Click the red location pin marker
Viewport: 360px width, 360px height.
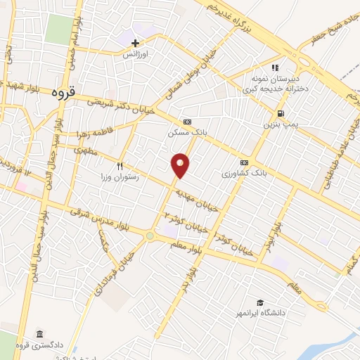pos(181,165)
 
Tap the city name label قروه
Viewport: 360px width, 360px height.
pos(67,92)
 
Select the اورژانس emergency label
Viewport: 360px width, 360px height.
pos(136,53)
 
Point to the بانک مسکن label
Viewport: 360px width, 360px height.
pos(185,132)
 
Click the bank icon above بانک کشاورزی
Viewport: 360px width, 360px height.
pos(244,162)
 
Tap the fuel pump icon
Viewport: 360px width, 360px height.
pos(280,113)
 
